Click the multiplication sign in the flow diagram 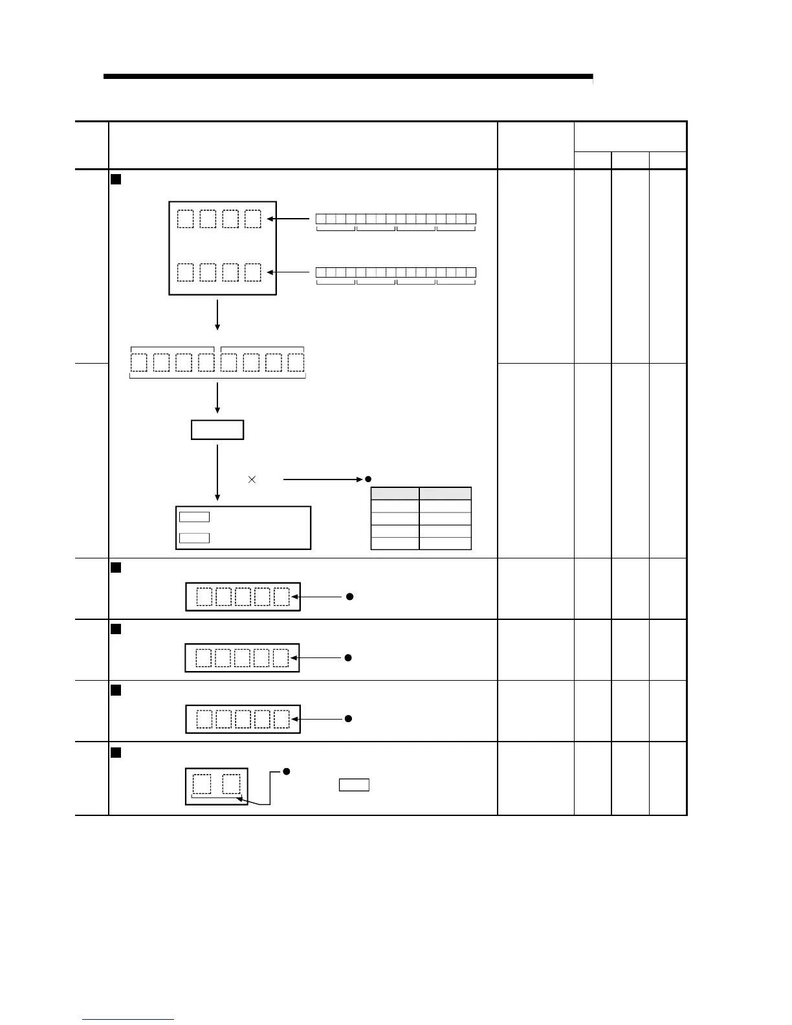(x=252, y=479)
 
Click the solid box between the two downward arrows (x=217, y=430)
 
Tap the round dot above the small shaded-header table (x=368, y=479)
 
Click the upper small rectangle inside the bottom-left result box (x=194, y=516)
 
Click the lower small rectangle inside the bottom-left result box (x=194, y=538)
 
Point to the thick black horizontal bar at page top (x=347, y=76)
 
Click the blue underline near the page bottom (x=128, y=1019)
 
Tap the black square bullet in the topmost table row (x=116, y=179)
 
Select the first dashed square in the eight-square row (x=139, y=362)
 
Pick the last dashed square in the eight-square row (x=296, y=362)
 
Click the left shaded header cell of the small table (x=395, y=494)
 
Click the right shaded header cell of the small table (x=445, y=494)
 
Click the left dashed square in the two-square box (x=202, y=784)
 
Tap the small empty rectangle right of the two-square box (x=354, y=785)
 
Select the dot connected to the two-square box (x=286, y=772)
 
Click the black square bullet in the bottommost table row (x=116, y=752)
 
